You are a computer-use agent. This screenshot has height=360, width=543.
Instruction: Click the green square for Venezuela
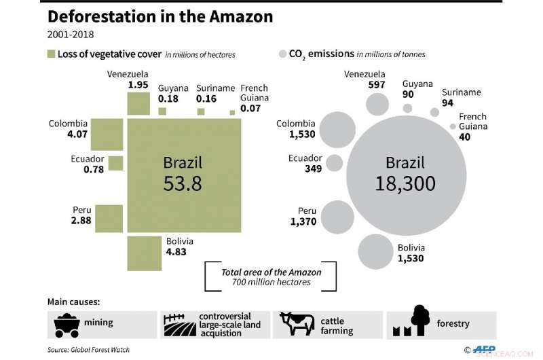[x=138, y=104]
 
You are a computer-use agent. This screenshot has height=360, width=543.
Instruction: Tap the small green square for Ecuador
[x=115, y=164]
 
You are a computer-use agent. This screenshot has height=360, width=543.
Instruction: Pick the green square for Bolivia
[x=144, y=253]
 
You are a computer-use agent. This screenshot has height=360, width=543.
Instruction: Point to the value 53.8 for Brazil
[x=183, y=183]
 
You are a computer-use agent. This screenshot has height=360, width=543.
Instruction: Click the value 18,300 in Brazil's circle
[x=405, y=183]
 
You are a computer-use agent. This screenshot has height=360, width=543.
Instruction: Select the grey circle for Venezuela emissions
[x=377, y=104]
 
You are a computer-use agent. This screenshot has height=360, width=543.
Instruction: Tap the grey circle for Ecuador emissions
[x=334, y=163]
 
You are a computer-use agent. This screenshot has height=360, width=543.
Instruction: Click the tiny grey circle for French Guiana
[x=453, y=126]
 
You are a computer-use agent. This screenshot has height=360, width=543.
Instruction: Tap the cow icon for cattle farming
[x=297, y=324]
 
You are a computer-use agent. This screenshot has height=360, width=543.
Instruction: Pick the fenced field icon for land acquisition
[x=179, y=324]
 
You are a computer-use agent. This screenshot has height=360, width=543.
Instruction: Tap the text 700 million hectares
[x=271, y=282]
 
